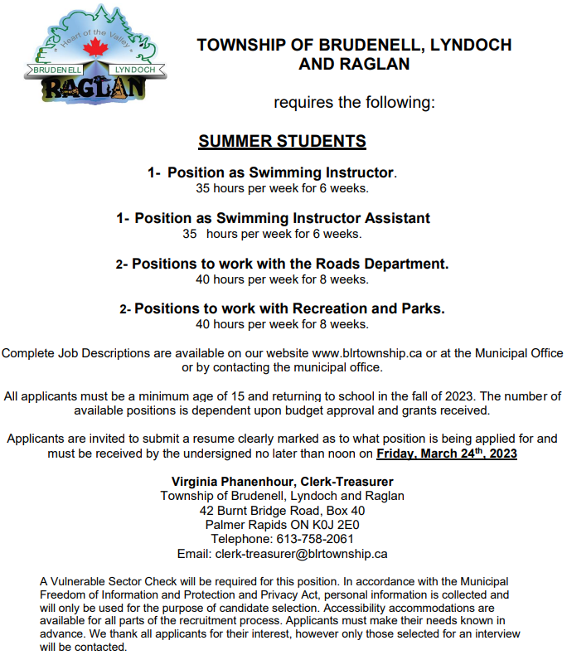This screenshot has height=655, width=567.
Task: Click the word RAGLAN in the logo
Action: coord(93,87)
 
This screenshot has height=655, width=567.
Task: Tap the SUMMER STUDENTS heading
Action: coord(282,142)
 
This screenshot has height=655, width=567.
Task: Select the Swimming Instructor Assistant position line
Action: coord(282,218)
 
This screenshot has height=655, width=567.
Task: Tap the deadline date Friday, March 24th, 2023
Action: coord(447,454)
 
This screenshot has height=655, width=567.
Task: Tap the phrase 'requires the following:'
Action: coord(354,103)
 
